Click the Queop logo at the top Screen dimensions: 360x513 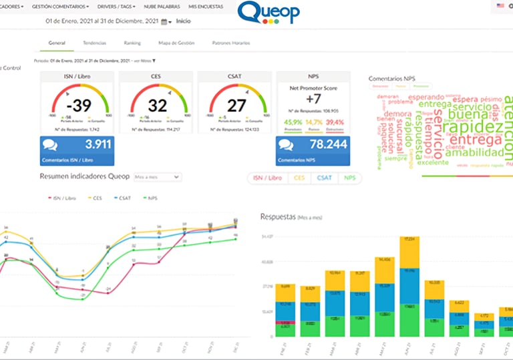[269, 13]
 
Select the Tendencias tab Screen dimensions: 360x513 [94, 43]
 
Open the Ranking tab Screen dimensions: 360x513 [132, 43]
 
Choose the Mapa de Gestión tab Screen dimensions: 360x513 [176, 43]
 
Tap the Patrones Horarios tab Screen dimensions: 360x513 [231, 43]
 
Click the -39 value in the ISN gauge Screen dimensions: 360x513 [81, 106]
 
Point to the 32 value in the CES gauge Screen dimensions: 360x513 [158, 106]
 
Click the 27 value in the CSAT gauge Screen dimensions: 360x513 [236, 106]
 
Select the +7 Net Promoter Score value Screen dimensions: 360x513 [314, 99]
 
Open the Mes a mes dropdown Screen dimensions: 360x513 [157, 177]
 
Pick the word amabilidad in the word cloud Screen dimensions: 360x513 [474, 152]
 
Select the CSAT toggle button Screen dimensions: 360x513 [324, 178]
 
